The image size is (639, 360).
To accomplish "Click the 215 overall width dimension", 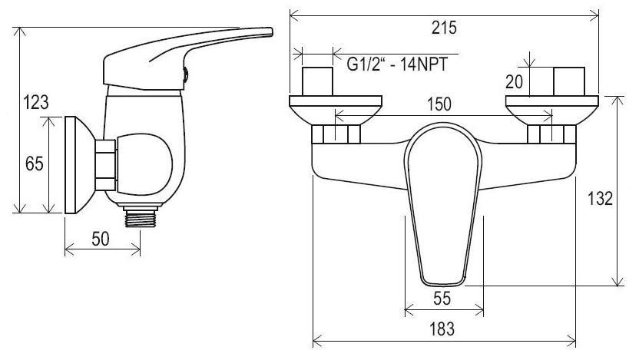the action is (x=444, y=28).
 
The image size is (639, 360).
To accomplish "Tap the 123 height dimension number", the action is (x=36, y=102).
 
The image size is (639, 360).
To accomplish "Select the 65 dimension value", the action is (x=34, y=163).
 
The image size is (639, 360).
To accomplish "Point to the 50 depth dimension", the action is (x=101, y=239).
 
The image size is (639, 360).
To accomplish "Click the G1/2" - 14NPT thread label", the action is (x=397, y=64).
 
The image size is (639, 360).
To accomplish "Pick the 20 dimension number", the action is (x=514, y=82).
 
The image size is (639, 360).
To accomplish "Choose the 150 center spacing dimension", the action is (x=439, y=104).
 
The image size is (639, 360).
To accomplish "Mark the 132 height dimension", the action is (x=600, y=199).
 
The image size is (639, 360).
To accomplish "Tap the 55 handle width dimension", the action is (x=442, y=299).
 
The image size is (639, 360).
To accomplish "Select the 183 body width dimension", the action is (x=442, y=329).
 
